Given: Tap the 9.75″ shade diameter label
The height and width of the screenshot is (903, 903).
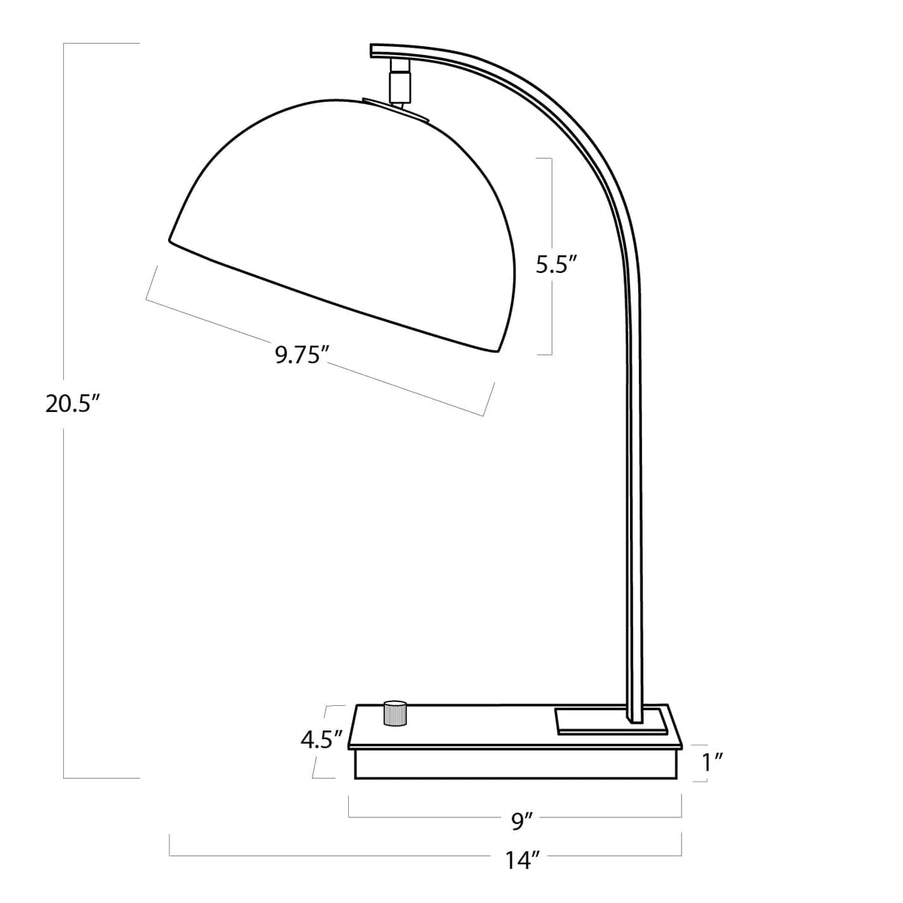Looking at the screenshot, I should (301, 355).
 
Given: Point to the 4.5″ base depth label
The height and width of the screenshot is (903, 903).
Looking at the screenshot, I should (321, 739).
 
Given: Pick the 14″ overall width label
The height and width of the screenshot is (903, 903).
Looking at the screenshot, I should (522, 861).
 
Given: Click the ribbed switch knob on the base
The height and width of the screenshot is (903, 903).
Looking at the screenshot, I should (395, 712).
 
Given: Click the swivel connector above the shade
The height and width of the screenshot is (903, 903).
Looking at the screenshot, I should (400, 80).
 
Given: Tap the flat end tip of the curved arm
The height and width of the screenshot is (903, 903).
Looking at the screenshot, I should (373, 51).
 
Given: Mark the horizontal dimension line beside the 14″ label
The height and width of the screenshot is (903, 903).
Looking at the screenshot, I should (335, 855).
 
